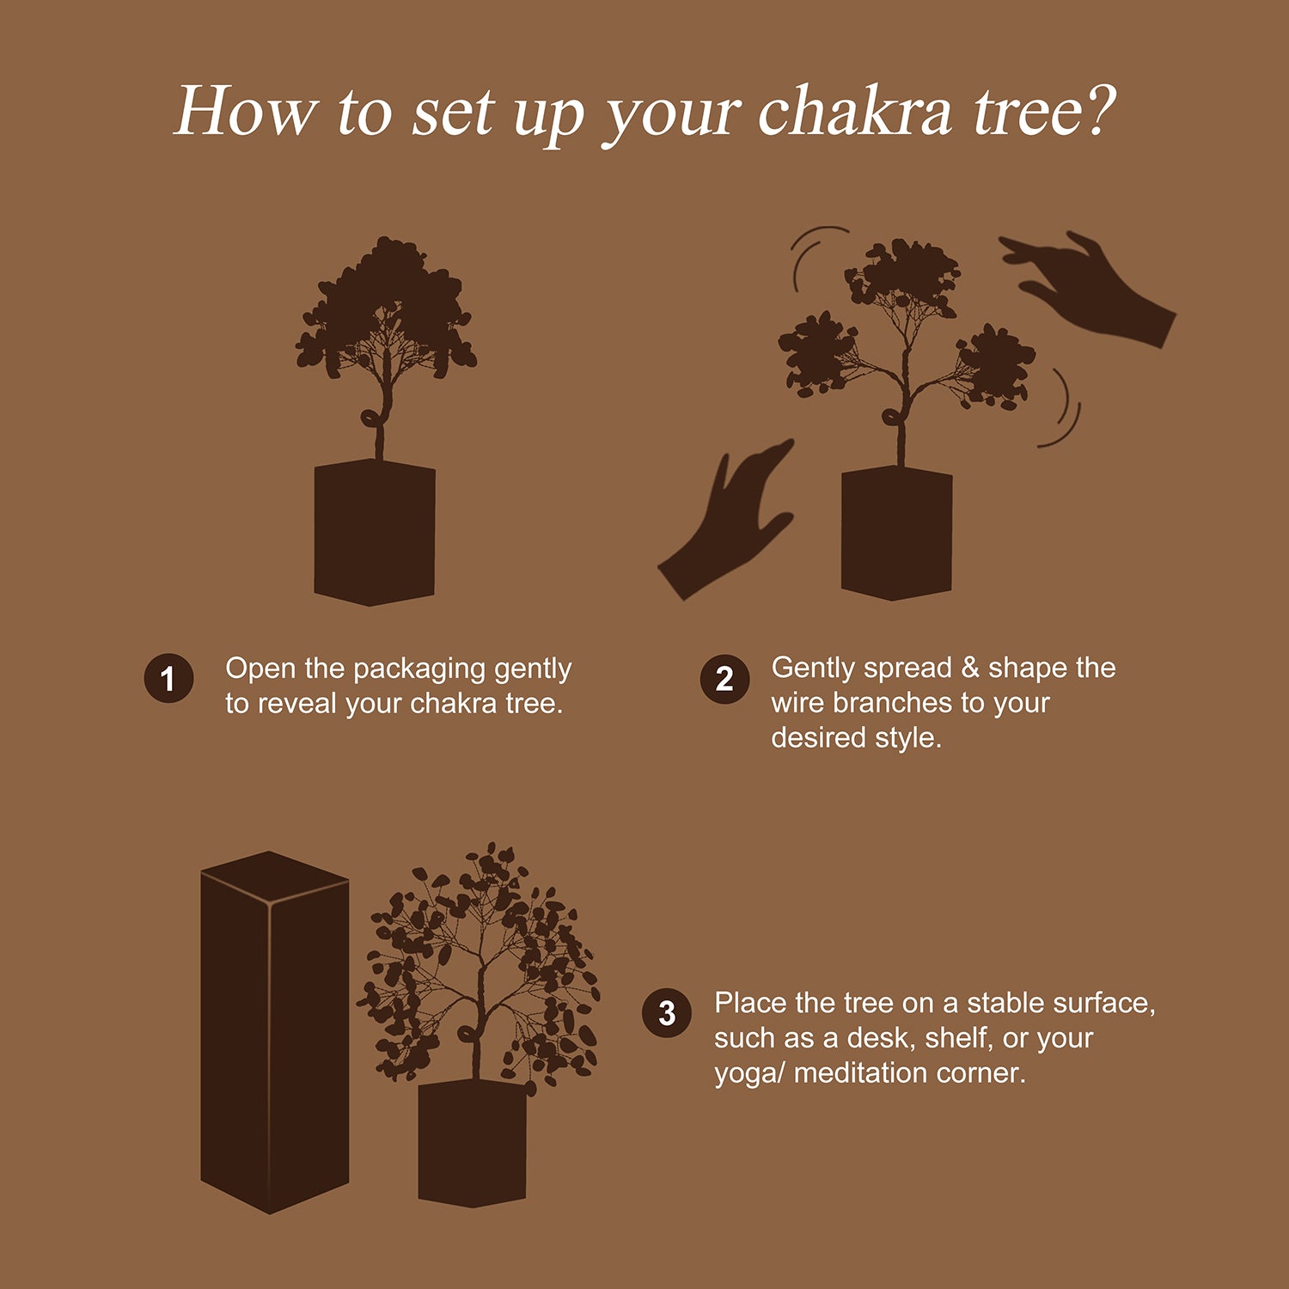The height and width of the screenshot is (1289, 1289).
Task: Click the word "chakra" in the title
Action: coord(854,113)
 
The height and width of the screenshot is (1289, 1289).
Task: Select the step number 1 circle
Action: coord(168,678)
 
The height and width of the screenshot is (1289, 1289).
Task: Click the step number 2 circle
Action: coord(724,679)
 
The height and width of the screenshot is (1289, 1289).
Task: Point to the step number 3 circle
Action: coord(667,1014)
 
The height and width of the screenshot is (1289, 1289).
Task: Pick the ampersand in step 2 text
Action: coord(969,668)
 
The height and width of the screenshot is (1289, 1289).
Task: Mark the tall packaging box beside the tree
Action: coord(273,1031)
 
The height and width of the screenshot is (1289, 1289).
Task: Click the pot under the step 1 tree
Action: coord(375,533)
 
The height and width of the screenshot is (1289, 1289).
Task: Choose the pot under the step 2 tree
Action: coord(896,533)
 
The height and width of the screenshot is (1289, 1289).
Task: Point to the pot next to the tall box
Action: coord(472,1143)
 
